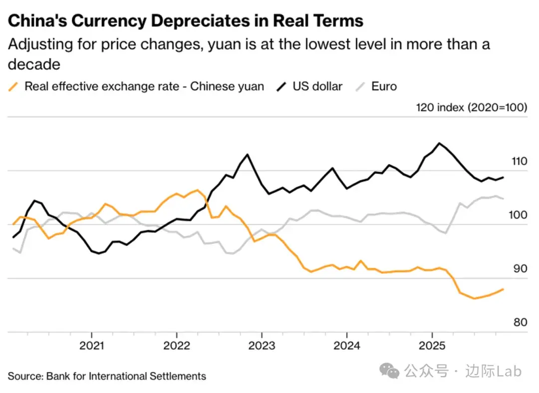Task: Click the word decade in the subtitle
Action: tap(34, 64)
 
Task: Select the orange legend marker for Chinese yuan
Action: tap(14, 86)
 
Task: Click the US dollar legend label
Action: tap(317, 86)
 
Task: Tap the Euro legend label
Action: tap(384, 86)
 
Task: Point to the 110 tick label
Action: tap(519, 161)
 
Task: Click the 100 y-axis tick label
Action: tap(519, 215)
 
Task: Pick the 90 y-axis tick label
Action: tap(521, 269)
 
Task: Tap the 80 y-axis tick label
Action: tap(521, 322)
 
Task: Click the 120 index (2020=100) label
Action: tap(471, 108)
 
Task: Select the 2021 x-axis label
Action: tap(92, 346)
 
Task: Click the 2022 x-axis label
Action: tap(177, 346)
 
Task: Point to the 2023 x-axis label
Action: tap(262, 346)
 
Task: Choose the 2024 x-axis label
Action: tap(346, 346)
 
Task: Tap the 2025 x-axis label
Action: tap(432, 346)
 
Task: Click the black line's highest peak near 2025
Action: tap(439, 143)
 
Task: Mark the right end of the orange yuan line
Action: tap(503, 289)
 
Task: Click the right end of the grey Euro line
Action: tap(503, 198)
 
